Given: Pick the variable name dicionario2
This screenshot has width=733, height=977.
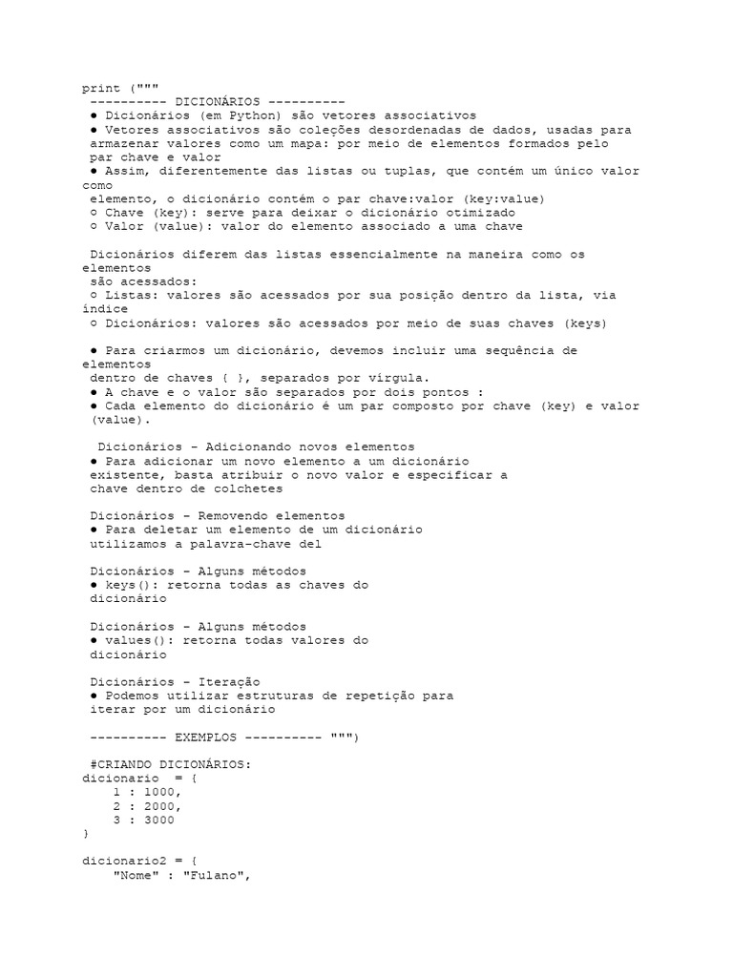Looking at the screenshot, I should tap(122, 862).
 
